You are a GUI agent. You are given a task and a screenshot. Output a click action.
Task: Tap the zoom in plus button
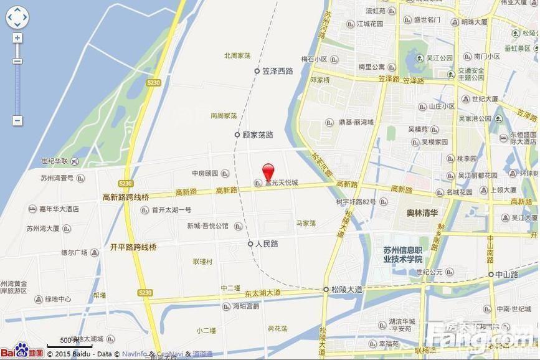click(17, 38)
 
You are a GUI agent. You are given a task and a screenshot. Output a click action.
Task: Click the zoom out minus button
click(17, 121)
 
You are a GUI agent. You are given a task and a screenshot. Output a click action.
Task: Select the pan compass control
click(17, 17)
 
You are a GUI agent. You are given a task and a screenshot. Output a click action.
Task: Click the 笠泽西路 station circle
click(257, 71)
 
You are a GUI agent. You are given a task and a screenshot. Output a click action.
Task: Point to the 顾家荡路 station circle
click(237, 135)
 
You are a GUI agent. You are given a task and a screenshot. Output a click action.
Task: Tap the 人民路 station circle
click(250, 244)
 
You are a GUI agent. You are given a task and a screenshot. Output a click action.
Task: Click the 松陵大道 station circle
click(326, 290)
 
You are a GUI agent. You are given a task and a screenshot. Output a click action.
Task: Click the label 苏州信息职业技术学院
click(403, 255)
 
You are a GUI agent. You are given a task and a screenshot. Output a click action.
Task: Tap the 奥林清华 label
click(424, 213)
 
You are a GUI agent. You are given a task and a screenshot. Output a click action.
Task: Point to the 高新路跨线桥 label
click(126, 197)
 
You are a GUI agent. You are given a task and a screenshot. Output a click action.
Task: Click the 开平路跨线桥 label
click(133, 247)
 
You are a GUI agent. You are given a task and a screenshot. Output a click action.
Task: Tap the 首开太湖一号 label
click(171, 210)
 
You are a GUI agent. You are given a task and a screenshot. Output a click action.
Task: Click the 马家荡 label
click(306, 223)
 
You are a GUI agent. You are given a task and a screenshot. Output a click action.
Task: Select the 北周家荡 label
click(237, 55)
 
